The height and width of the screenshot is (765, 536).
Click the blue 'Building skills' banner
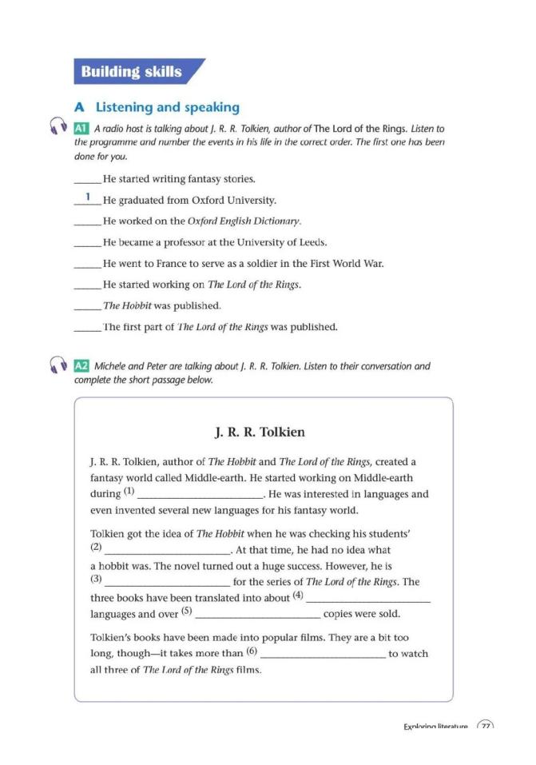pyautogui.click(x=133, y=72)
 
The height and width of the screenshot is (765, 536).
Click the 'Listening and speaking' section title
pyautogui.click(x=167, y=106)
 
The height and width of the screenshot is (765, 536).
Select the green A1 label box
pyautogui.click(x=81, y=128)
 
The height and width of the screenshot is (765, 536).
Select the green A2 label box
pyautogui.click(x=81, y=366)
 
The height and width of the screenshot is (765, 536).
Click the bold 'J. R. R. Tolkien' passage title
pyautogui.click(x=260, y=432)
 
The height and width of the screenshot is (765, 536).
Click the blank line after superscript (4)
pyautogui.click(x=368, y=601)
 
